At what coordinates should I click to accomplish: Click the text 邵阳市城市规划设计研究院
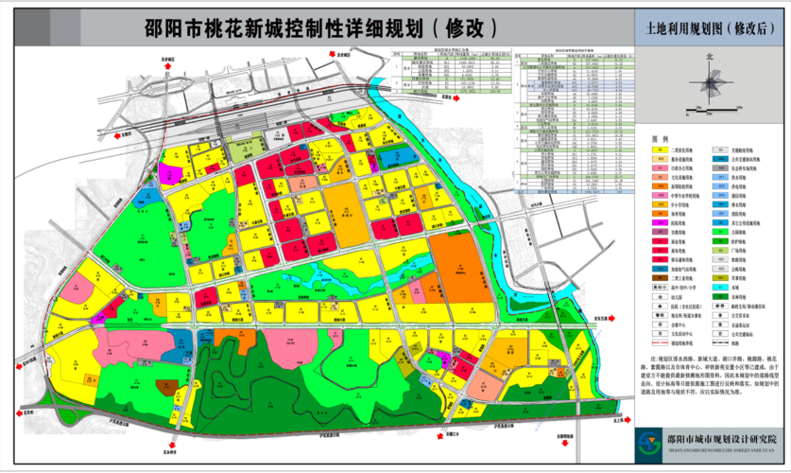pos(722,440)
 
